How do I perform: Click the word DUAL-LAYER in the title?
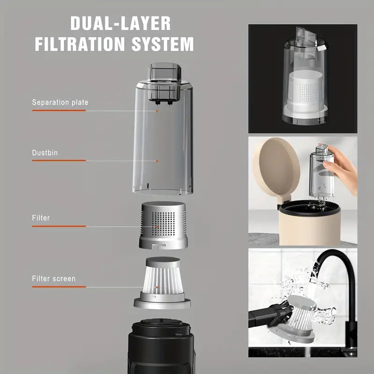(120, 23)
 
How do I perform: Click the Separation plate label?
(60, 102)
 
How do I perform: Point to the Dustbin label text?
(45, 152)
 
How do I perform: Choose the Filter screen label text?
(54, 279)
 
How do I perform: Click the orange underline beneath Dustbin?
(59, 161)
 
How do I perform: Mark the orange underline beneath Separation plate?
(59, 111)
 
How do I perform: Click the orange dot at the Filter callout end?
(157, 227)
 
